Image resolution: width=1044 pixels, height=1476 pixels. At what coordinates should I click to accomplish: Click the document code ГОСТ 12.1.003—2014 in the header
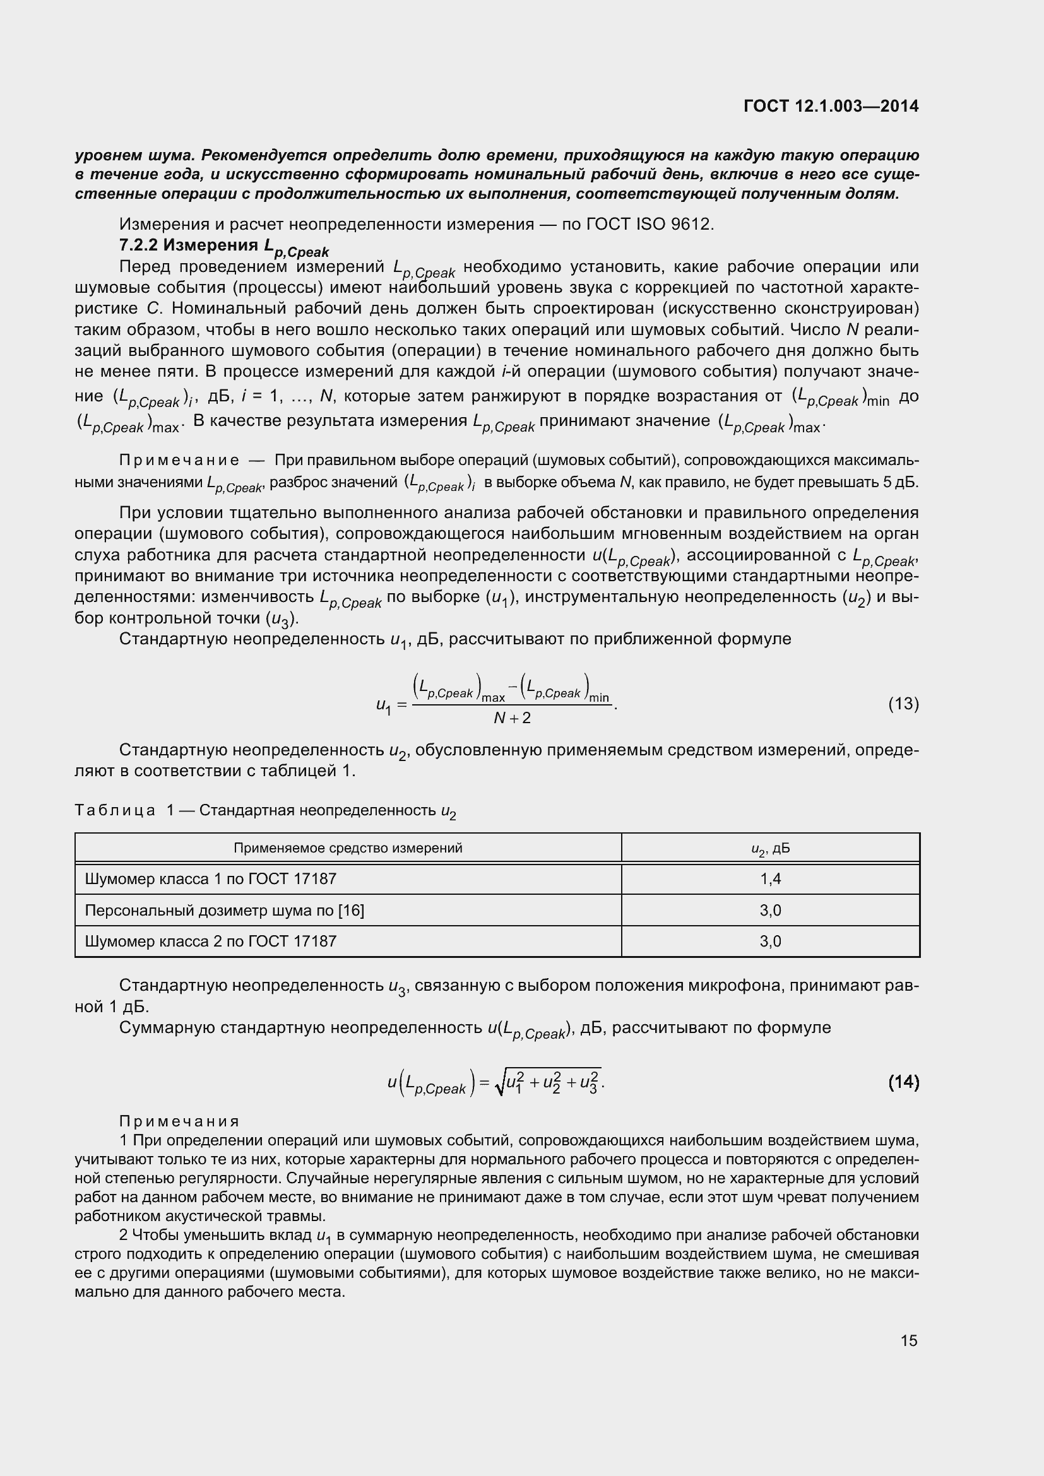point(831,106)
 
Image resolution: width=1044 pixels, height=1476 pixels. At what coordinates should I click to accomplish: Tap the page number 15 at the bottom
point(908,1340)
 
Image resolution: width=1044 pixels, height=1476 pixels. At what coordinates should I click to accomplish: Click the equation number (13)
point(903,704)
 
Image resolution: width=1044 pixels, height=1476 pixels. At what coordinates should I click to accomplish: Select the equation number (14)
point(903,1083)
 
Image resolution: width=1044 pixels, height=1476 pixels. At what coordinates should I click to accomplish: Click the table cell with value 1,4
point(770,879)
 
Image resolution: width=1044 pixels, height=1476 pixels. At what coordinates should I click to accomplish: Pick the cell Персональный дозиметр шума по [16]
point(224,911)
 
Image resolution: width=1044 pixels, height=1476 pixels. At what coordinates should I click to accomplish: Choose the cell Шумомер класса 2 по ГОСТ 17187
point(211,941)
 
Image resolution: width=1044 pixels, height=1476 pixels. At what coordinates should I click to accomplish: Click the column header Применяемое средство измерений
point(348,848)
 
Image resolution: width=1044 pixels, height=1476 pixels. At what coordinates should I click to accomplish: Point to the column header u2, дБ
point(770,849)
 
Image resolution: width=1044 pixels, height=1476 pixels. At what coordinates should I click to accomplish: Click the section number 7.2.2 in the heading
point(138,245)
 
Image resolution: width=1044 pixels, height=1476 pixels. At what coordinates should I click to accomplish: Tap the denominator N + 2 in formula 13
point(512,718)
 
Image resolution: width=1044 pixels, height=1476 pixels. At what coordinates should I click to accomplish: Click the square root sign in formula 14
point(499,1085)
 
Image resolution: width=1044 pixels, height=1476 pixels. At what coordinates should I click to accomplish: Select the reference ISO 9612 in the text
point(673,225)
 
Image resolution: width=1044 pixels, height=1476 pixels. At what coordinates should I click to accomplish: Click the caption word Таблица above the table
point(115,810)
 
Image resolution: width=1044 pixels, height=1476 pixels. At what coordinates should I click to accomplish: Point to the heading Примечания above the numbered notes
point(179,1122)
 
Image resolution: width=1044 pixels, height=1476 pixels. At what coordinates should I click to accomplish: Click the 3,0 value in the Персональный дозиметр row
point(770,911)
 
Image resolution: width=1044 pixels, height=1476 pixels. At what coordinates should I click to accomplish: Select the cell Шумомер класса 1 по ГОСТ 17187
point(211,879)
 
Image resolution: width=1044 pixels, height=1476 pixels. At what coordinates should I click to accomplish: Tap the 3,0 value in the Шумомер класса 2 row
point(770,941)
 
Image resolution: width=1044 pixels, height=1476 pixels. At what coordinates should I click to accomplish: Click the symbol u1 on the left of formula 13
point(383,706)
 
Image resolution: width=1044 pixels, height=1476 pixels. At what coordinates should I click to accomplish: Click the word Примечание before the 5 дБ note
point(179,460)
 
